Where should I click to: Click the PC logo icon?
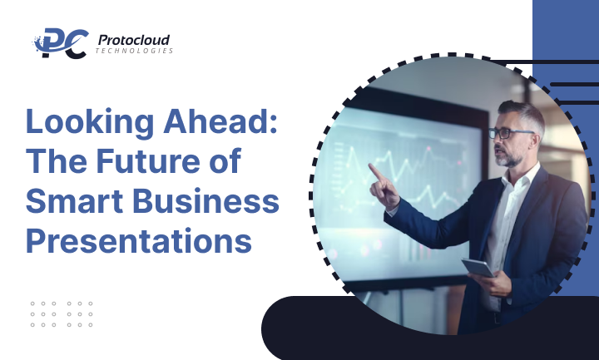(60, 43)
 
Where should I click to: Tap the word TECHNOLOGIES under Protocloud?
(134, 52)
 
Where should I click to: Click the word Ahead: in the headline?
(230, 123)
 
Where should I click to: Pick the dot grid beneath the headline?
(62, 313)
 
